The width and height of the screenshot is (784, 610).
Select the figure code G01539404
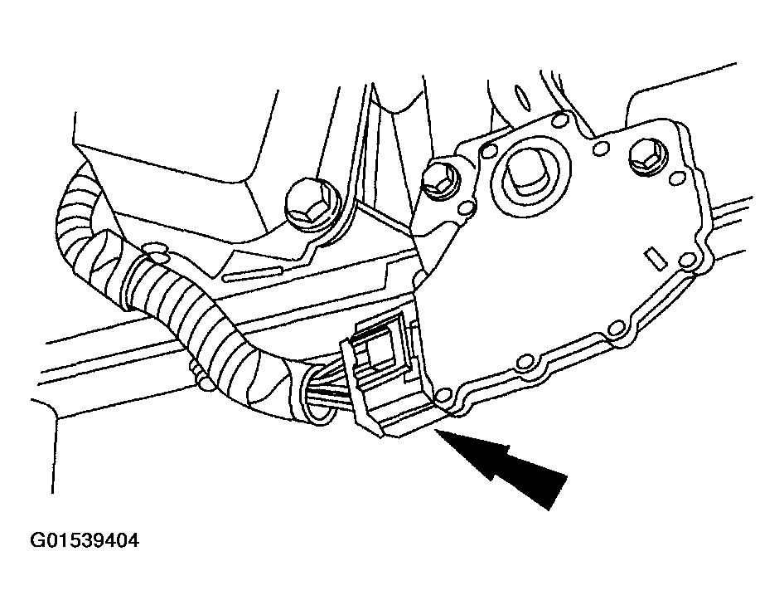coord(85,541)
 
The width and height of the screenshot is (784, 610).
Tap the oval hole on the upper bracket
coord(522,97)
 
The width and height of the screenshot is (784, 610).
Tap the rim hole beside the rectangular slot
coord(688,260)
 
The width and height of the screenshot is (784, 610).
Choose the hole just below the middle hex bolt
coord(467,207)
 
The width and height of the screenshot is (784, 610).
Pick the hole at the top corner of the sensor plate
coord(559,120)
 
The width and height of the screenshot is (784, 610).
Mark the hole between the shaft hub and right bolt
coord(599,149)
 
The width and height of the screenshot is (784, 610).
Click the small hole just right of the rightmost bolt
coord(677,178)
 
